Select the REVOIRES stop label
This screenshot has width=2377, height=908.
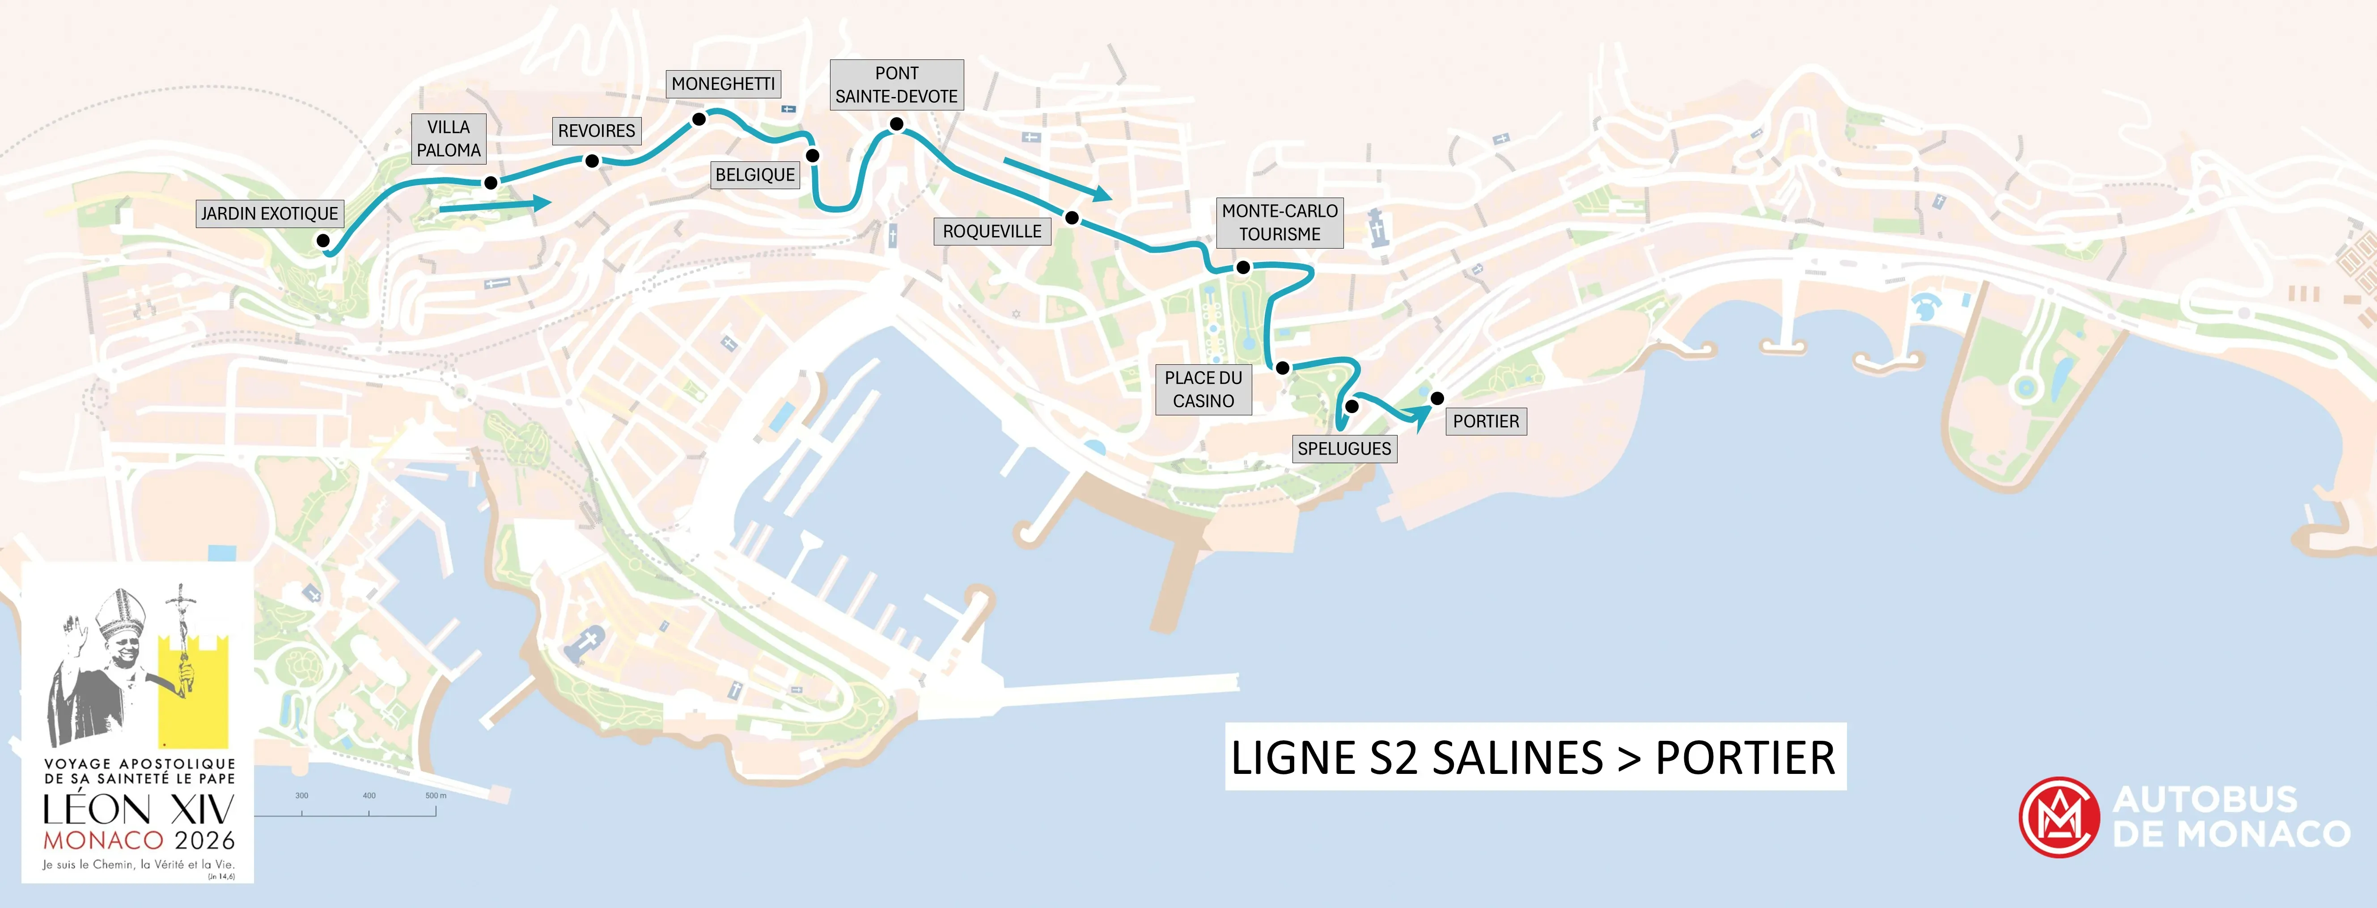pyautogui.click(x=596, y=131)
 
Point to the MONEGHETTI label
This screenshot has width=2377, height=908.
pyautogui.click(x=724, y=84)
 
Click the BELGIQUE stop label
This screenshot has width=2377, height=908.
pyautogui.click(x=755, y=174)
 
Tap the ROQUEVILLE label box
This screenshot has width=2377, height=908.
pyautogui.click(x=992, y=232)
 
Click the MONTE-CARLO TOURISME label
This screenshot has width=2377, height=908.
pyautogui.click(x=1279, y=222)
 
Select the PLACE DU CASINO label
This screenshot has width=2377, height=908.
pyautogui.click(x=1203, y=389)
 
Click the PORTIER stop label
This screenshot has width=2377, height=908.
pyautogui.click(x=1486, y=422)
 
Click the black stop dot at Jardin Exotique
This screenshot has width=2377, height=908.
pyautogui.click(x=323, y=241)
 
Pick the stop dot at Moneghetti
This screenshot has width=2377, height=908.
pyautogui.click(x=699, y=119)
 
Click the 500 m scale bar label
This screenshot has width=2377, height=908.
pyautogui.click(x=436, y=795)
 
